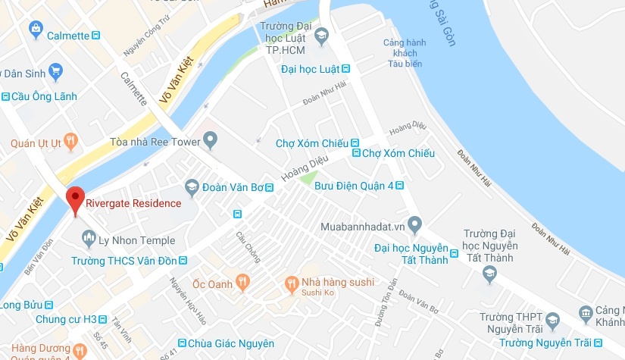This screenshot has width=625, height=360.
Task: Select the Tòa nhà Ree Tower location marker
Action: (x=211, y=140)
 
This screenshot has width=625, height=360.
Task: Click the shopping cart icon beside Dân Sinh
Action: (x=55, y=71)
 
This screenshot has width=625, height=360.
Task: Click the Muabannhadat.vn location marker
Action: (x=414, y=224)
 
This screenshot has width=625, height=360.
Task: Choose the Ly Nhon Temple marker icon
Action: (x=88, y=239)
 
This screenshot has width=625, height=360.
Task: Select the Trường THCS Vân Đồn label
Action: (x=123, y=261)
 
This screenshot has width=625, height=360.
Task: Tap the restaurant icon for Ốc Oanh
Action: (x=242, y=283)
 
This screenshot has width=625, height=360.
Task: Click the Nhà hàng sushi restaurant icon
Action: (x=291, y=284)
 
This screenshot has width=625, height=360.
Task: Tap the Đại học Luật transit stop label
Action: (x=309, y=69)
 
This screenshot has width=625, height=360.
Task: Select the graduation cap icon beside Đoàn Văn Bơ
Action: (x=192, y=186)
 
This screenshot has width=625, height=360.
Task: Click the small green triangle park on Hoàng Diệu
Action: (x=307, y=179)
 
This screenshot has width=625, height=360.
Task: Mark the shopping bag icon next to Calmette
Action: (x=35, y=29)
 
